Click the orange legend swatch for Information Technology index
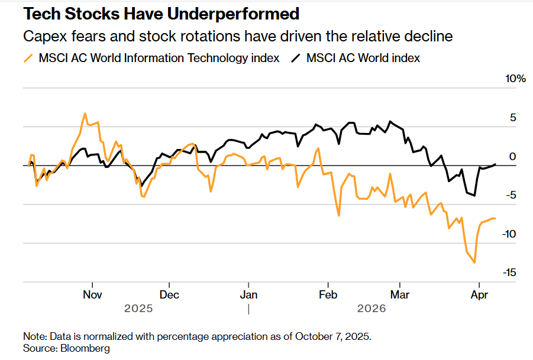pos(28,58)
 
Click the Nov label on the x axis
pos(92,294)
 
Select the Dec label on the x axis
pos(169,294)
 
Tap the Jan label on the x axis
pos(248,294)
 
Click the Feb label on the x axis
pos(328,294)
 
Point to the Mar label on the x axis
pos(400,294)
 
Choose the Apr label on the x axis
pos(479,294)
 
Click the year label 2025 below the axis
pos(138,309)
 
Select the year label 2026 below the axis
pos(371,309)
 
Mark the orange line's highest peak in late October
pos(85,113)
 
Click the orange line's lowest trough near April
pos(474,262)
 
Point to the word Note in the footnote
pos(34,336)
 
